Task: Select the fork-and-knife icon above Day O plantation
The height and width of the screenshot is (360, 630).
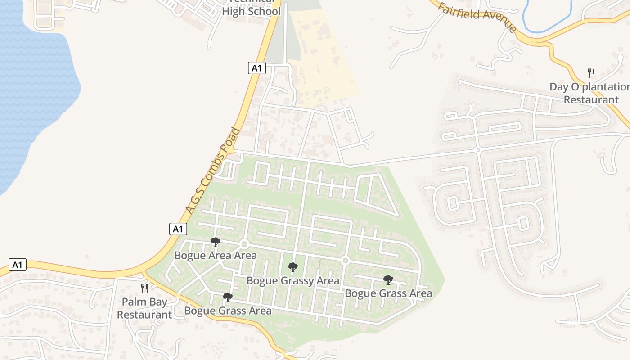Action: click(591, 73)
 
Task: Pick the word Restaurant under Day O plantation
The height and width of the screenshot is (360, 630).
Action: click(591, 99)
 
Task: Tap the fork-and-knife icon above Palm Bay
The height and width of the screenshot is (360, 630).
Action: click(144, 288)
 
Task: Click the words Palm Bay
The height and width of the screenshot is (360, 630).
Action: click(144, 302)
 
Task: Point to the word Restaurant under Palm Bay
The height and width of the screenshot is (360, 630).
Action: click(144, 315)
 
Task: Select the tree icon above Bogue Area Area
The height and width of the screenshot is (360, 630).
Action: click(216, 242)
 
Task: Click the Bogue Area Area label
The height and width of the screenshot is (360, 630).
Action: click(216, 256)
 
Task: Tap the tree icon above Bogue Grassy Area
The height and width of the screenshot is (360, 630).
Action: click(293, 267)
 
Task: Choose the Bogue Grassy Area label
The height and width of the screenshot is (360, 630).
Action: click(293, 281)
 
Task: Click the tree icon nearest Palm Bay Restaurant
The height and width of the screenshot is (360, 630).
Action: click(228, 297)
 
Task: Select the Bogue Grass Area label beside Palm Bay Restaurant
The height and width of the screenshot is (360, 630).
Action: click(228, 310)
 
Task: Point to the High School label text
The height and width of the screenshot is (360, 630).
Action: click(251, 11)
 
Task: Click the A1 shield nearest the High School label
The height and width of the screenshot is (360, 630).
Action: click(256, 68)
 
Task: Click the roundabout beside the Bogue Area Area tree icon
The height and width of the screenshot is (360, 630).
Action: click(244, 244)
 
